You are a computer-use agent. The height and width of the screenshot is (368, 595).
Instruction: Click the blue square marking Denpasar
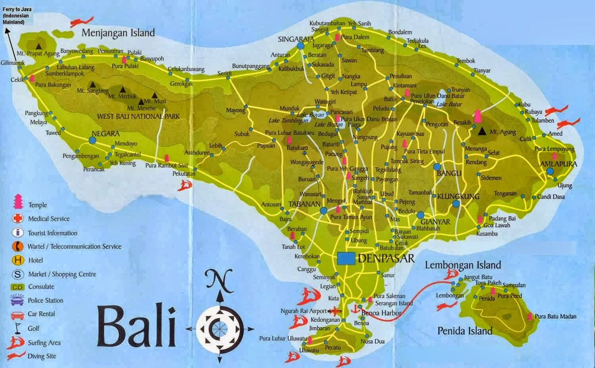click(x=346, y=258)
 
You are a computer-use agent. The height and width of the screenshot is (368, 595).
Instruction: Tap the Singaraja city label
click(x=296, y=39)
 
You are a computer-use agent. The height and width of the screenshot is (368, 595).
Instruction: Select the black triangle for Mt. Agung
click(x=482, y=131)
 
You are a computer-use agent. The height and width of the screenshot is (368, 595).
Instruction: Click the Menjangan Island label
click(x=118, y=33)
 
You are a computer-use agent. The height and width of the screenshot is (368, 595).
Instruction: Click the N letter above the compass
click(x=218, y=279)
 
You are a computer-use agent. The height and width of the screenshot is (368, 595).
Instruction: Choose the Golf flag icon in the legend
click(x=17, y=328)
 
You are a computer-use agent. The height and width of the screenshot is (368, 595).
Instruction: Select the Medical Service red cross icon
click(x=18, y=218)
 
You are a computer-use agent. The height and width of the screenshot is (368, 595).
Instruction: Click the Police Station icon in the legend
click(x=18, y=300)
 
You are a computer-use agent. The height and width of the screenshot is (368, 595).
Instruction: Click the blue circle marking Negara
click(x=92, y=140)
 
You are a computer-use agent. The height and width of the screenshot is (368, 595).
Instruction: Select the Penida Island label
click(x=464, y=331)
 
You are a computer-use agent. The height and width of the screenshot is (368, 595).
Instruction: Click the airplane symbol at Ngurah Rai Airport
click(x=336, y=310)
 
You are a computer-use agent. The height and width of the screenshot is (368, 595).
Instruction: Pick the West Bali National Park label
click(x=138, y=116)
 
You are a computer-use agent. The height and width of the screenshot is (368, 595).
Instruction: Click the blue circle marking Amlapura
click(x=549, y=171)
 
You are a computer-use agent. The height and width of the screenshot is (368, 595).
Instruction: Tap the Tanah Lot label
click(x=293, y=247)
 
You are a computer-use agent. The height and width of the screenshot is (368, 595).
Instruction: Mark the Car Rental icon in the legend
click(x=18, y=314)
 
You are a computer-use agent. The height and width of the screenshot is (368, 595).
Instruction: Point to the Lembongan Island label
click(x=463, y=265)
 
